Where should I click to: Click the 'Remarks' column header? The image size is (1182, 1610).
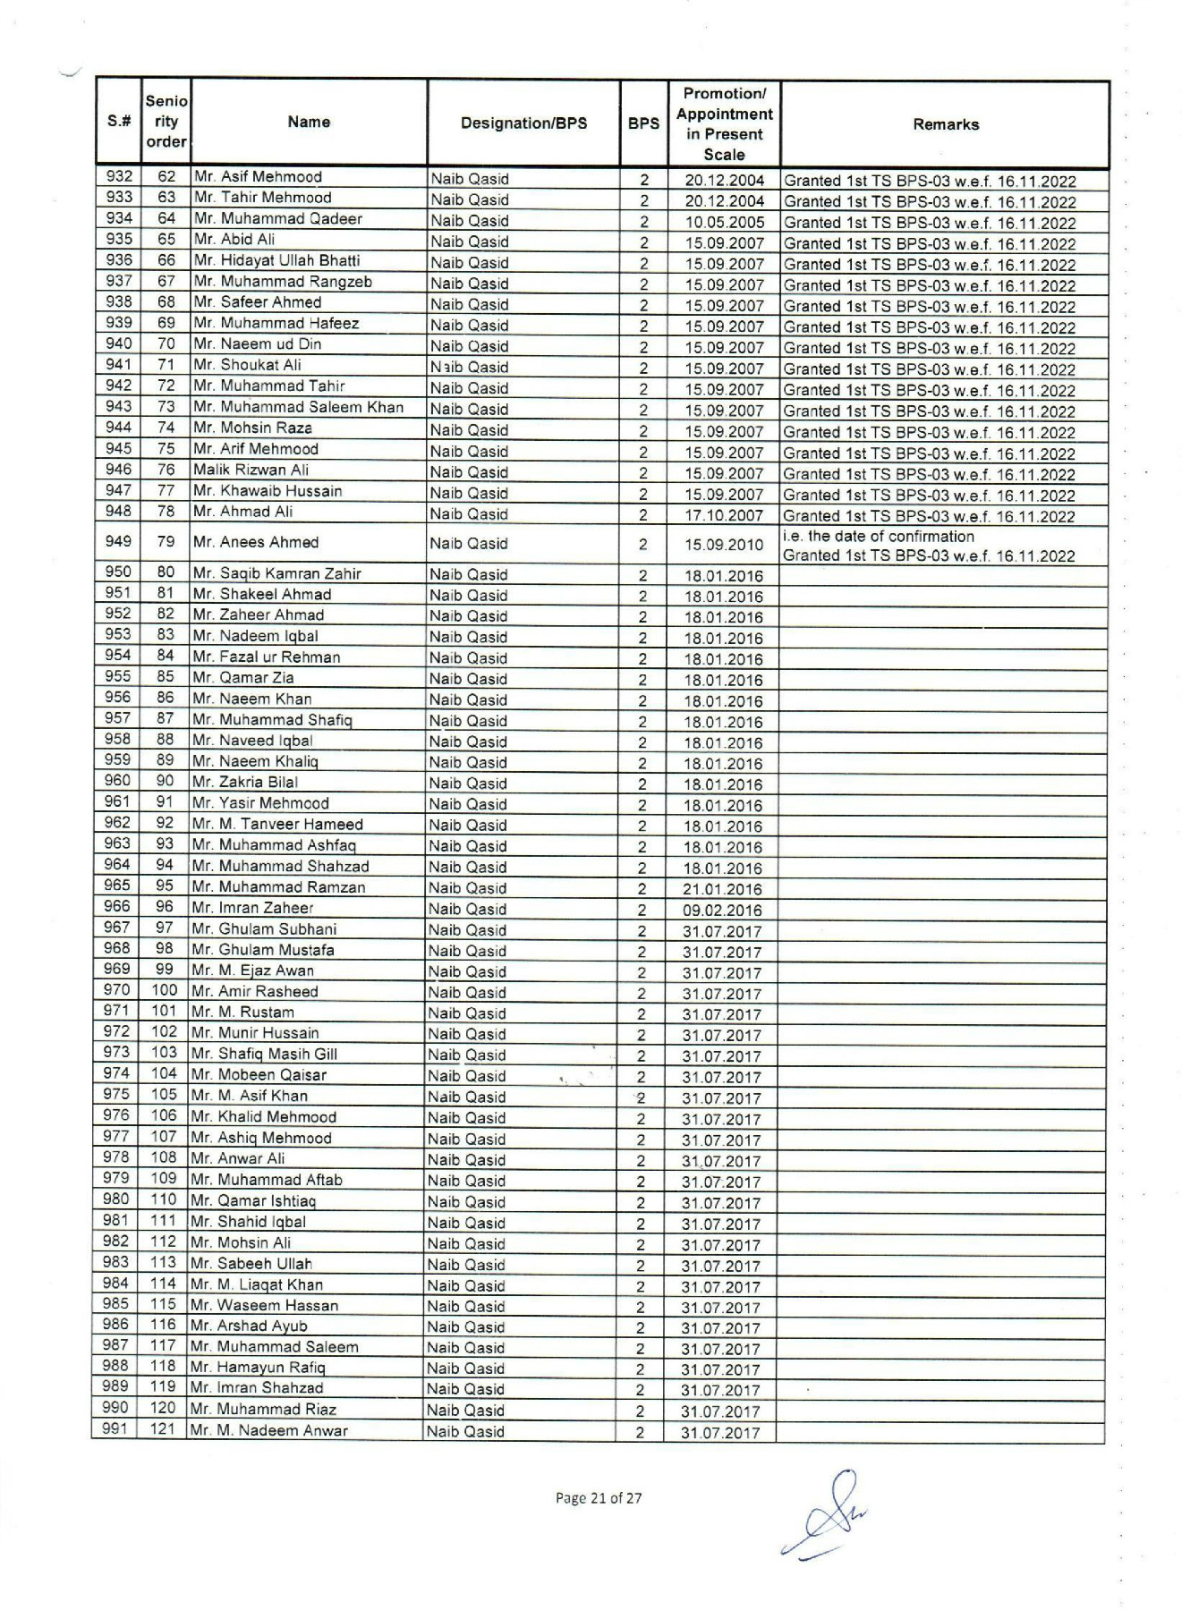click(x=945, y=124)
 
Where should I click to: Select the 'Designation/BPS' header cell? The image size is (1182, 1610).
click(x=523, y=123)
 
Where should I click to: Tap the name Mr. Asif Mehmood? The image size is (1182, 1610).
click(x=258, y=177)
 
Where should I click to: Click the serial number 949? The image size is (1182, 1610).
click(x=118, y=541)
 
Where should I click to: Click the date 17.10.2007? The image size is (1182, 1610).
click(x=724, y=516)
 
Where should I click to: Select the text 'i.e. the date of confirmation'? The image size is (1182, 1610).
click(x=878, y=537)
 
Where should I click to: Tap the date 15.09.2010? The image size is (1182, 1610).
click(x=724, y=544)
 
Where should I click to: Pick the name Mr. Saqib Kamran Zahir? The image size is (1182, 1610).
click(x=276, y=574)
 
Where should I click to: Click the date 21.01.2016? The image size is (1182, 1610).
click(x=722, y=889)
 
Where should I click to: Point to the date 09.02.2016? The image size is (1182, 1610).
click(x=722, y=911)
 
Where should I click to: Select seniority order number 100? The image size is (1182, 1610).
click(x=165, y=990)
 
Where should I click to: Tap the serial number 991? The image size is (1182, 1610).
click(x=115, y=1428)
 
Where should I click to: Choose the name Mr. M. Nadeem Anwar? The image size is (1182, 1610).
click(x=269, y=1430)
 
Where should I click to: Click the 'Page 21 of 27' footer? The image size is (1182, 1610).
click(x=599, y=1498)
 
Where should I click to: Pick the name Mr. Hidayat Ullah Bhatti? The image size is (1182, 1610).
click(x=276, y=261)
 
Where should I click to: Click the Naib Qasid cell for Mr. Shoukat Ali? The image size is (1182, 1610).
click(x=469, y=368)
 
